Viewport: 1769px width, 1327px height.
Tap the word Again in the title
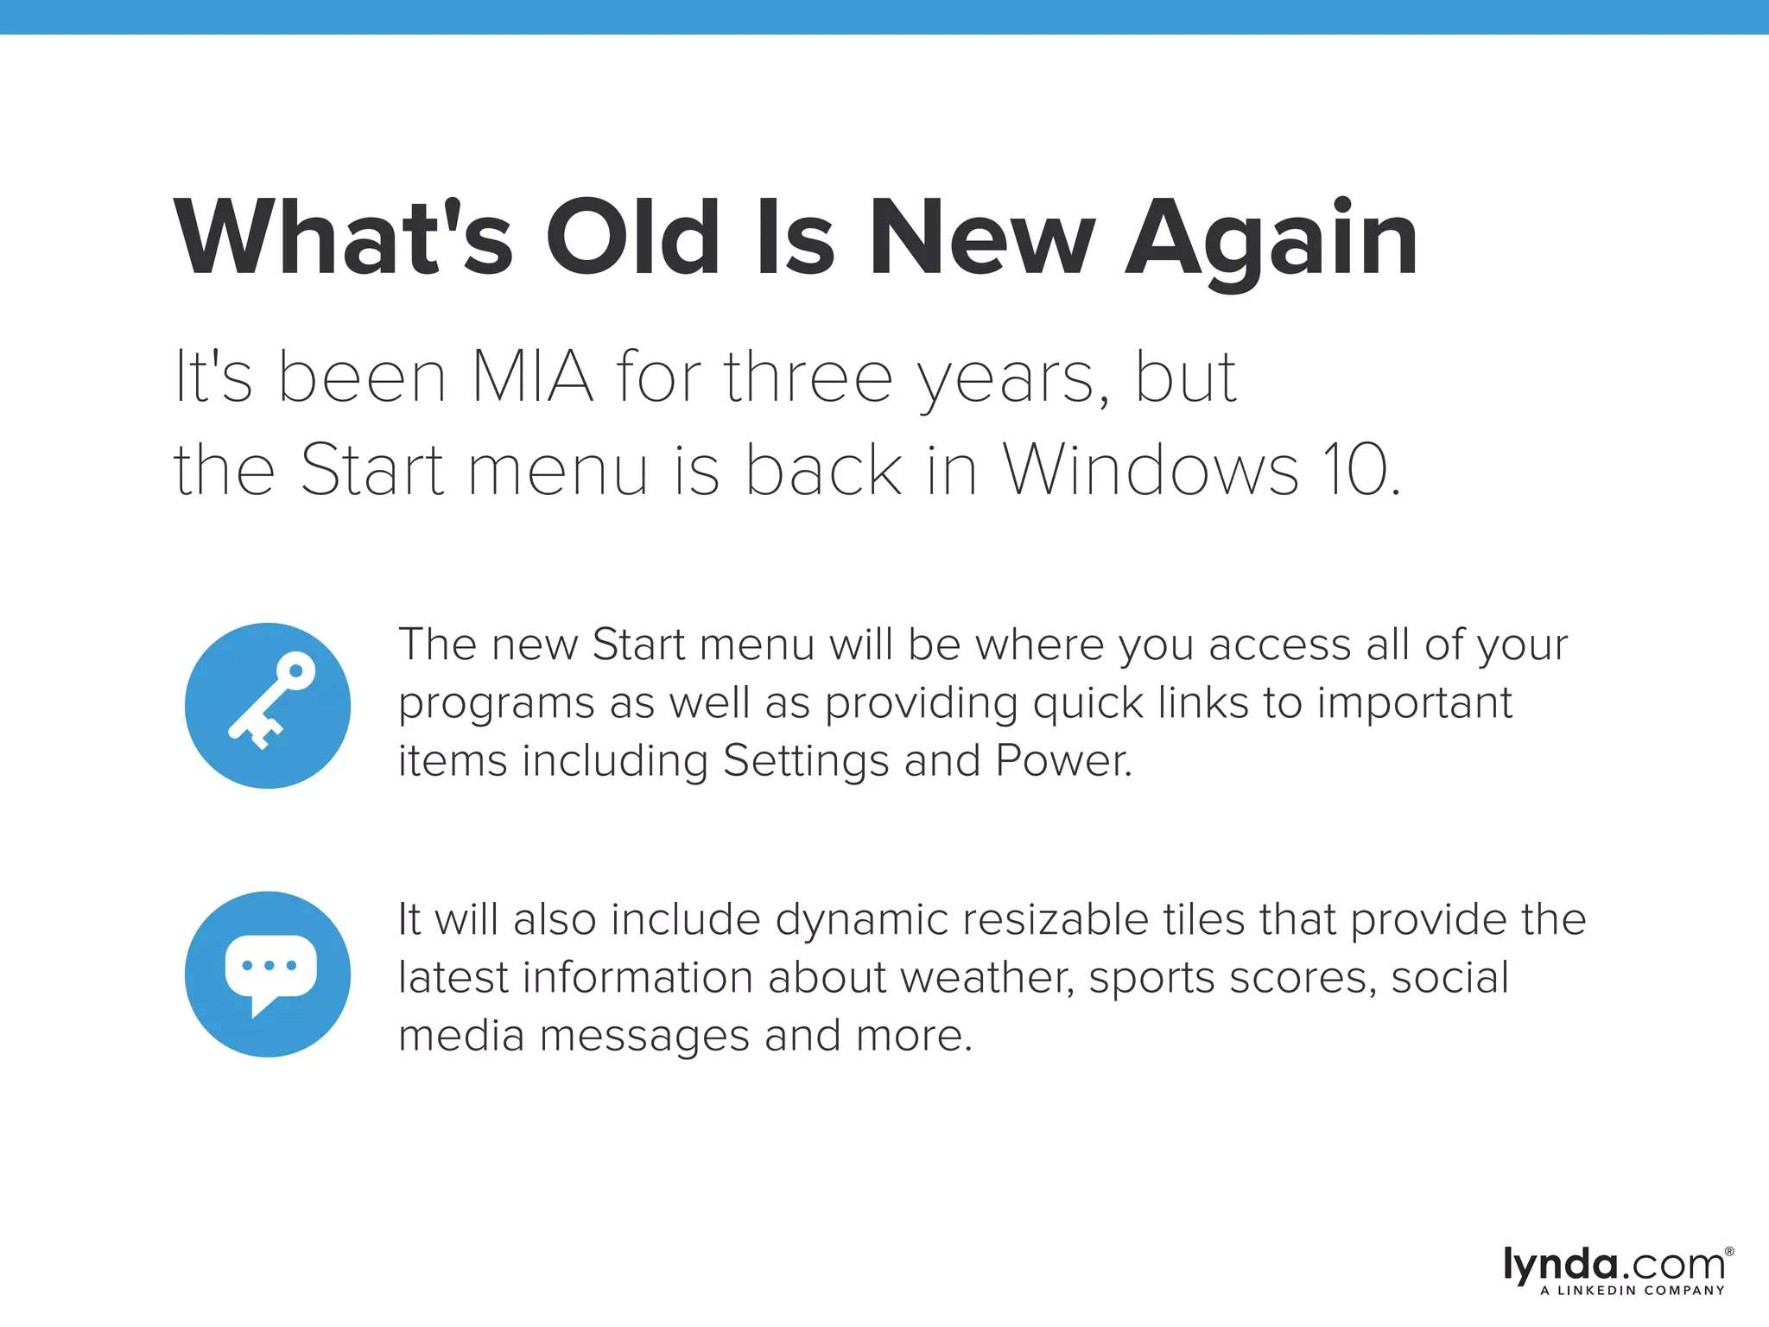coord(1271,240)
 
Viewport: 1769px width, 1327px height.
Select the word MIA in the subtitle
coord(532,378)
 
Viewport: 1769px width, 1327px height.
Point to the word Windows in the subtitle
coord(1151,471)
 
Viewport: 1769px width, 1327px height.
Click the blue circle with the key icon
coord(268,705)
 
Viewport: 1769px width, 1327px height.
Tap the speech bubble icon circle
coord(268,974)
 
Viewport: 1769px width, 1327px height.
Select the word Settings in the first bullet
coord(806,761)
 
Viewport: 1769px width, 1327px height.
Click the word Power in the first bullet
coord(1062,761)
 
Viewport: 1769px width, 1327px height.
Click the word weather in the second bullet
coord(987,978)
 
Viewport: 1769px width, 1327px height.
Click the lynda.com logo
coord(1614,1265)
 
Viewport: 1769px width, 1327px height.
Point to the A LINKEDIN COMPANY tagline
coord(1633,1291)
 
